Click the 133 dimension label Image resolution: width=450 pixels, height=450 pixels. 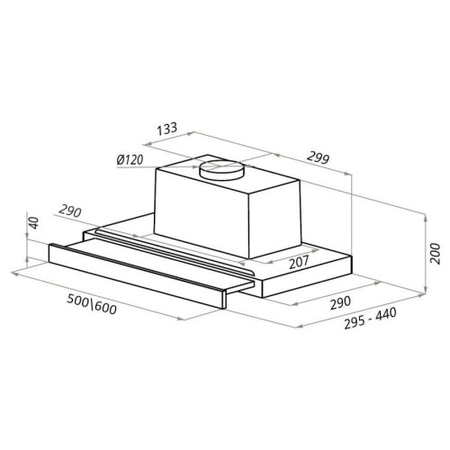[x=167, y=129]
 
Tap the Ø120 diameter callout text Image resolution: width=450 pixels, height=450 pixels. [x=130, y=160]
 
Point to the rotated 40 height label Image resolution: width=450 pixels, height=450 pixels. [x=34, y=223]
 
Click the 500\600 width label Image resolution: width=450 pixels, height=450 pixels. [x=91, y=304]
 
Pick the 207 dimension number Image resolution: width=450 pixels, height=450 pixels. [x=299, y=262]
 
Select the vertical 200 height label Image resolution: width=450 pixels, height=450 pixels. [x=435, y=254]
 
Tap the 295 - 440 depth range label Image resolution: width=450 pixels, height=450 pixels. [x=370, y=319]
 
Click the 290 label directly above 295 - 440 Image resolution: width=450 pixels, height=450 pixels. [x=340, y=303]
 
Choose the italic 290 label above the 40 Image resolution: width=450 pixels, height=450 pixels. [x=70, y=211]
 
